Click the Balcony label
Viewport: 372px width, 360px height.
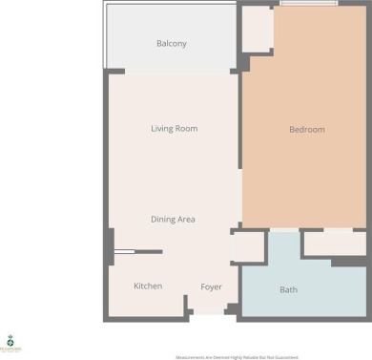(172, 44)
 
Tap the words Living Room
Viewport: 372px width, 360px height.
(174, 128)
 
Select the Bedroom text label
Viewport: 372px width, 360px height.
(307, 130)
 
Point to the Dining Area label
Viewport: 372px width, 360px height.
(173, 219)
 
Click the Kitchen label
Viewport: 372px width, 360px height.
(148, 286)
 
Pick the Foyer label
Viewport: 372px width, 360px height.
(212, 286)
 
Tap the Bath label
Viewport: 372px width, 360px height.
(288, 289)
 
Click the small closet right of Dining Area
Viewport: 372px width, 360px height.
(248, 246)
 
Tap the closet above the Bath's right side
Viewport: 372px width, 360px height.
(333, 243)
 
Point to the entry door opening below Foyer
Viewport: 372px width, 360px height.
(208, 313)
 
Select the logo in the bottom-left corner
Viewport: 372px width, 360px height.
(11, 344)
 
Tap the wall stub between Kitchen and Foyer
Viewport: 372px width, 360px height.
(185, 304)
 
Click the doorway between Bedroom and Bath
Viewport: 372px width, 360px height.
(284, 230)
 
